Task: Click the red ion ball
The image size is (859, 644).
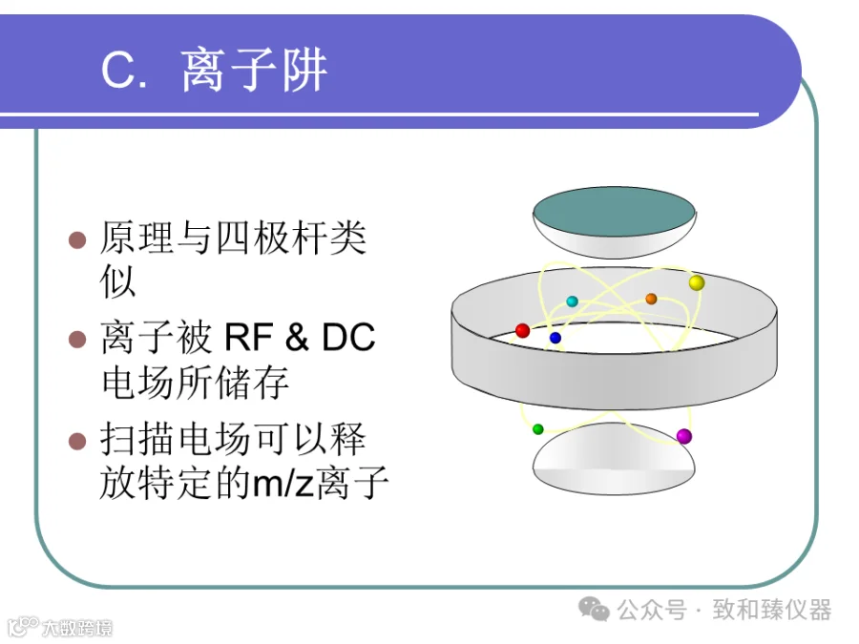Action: point(523,330)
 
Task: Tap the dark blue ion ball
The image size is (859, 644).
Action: point(555,338)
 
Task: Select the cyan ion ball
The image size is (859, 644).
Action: point(572,301)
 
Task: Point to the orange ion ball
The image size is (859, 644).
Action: point(651,299)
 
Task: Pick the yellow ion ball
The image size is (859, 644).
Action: point(697,282)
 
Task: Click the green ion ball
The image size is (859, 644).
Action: point(538,428)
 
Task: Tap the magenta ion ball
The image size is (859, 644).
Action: point(683,436)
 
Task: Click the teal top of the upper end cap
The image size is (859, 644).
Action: point(614,213)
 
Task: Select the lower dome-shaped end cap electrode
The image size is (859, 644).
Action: point(614,459)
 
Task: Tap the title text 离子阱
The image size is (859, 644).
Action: point(254,70)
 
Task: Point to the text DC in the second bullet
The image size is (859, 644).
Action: point(348,337)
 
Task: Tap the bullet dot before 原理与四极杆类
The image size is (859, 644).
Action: point(77,239)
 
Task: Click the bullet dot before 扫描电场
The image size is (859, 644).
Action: point(77,441)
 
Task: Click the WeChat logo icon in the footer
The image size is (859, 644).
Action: point(595,609)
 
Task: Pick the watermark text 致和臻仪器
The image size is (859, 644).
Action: point(772,610)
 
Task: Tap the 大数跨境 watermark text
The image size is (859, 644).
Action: point(77,628)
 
